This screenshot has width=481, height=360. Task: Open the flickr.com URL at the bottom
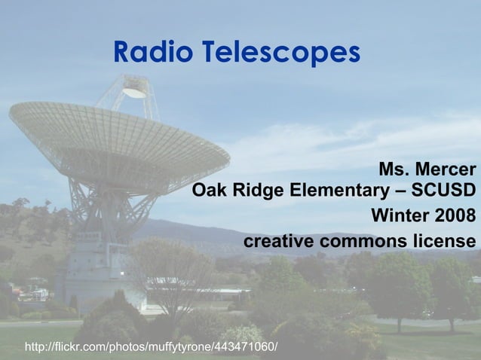click(151, 347)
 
